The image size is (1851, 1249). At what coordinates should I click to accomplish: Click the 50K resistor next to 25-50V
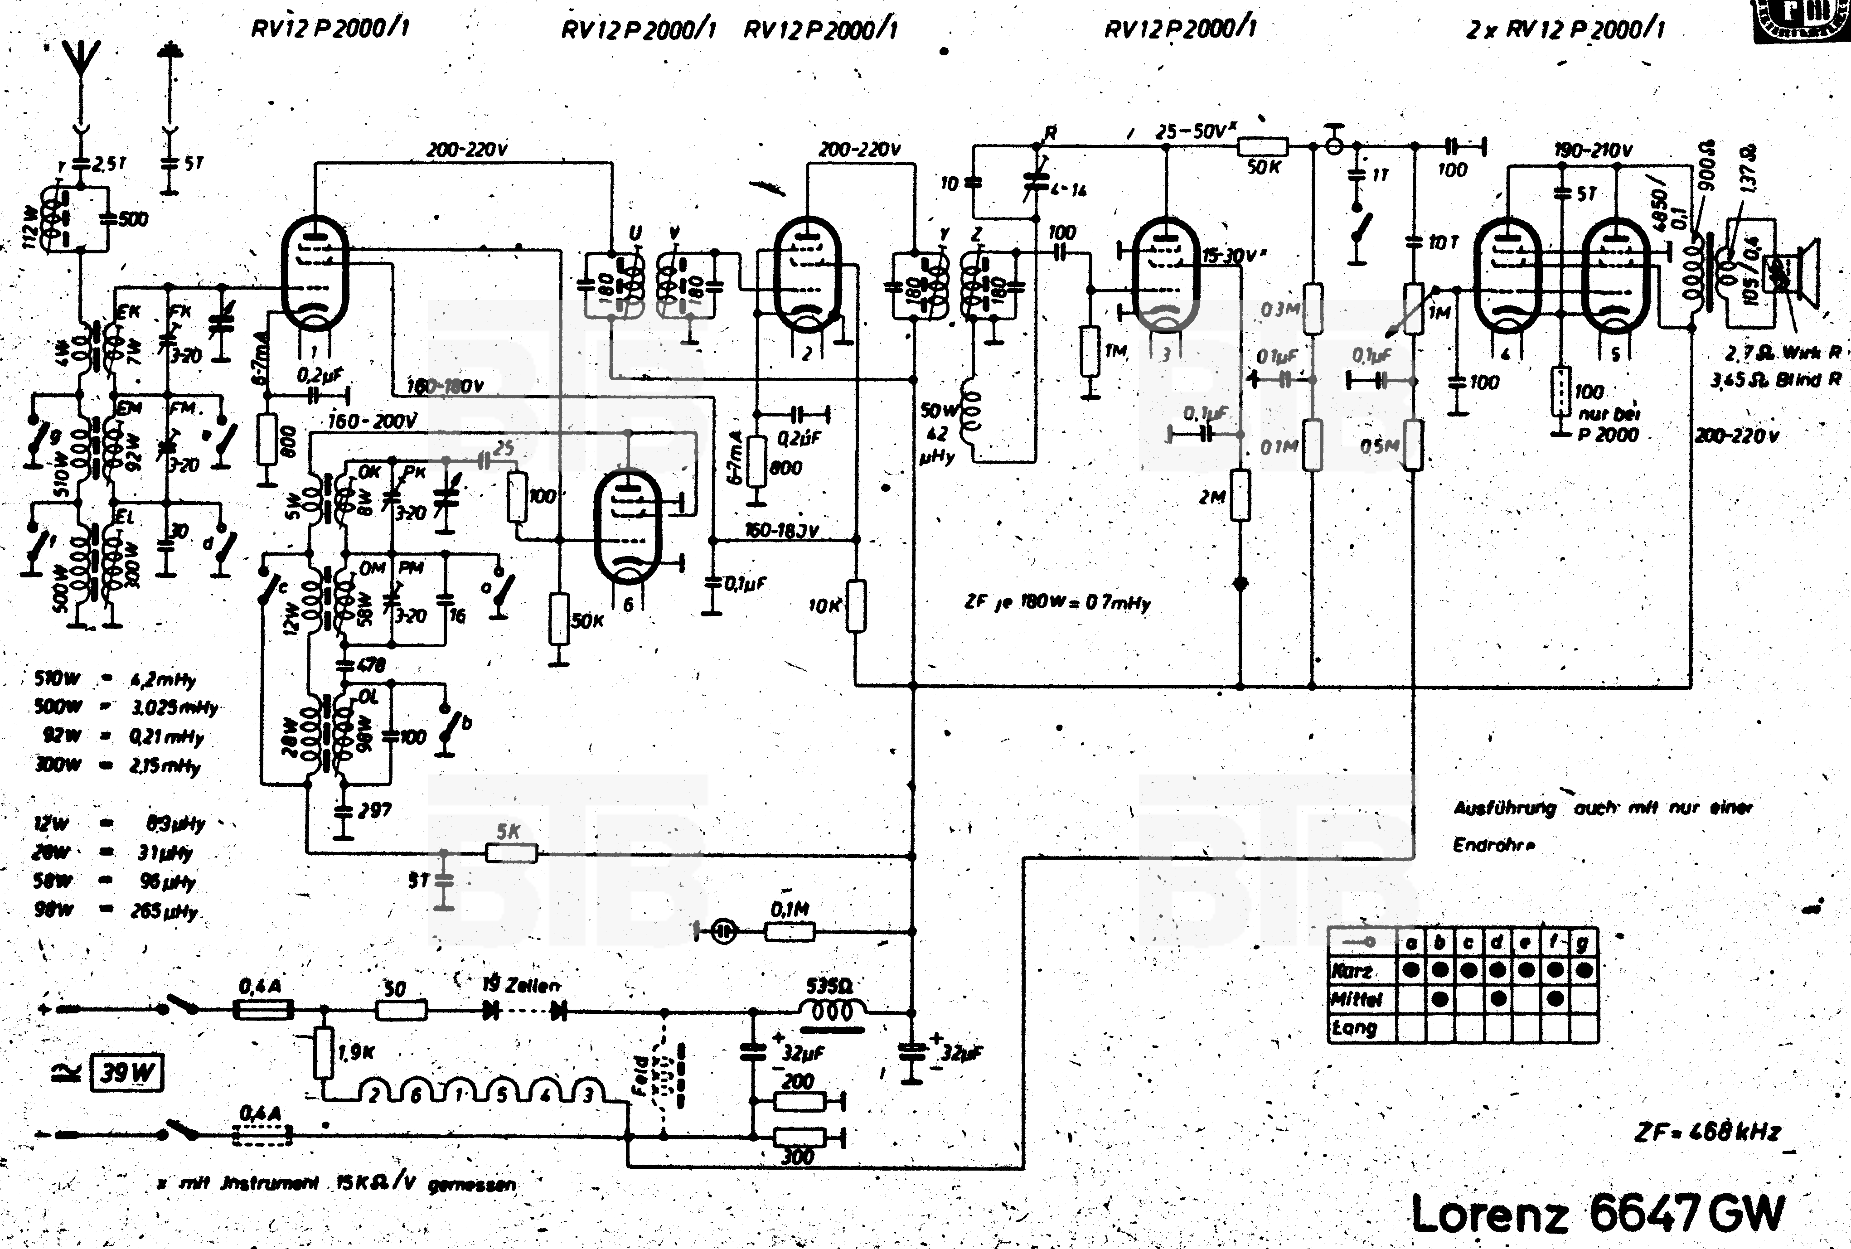(1262, 146)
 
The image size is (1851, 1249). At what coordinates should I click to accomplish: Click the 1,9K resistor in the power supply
(323, 1052)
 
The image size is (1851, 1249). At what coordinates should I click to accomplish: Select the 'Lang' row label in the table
(1353, 1027)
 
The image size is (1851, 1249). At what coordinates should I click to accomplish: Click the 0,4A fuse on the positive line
(263, 1010)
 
